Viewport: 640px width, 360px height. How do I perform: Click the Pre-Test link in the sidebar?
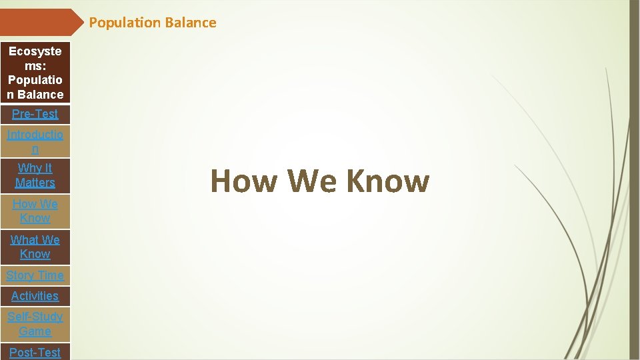coord(35,114)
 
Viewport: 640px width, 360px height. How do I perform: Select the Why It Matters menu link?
coord(35,175)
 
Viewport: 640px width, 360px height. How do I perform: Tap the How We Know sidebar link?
coord(35,211)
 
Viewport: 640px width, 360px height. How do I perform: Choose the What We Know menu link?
coord(35,247)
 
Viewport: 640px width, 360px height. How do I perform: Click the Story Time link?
coord(35,275)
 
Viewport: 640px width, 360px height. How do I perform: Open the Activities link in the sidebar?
coord(35,296)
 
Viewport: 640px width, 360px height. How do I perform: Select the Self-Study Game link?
coord(35,324)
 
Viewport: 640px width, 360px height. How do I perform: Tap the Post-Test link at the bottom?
coord(35,352)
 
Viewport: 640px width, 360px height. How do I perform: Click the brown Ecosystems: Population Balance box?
coord(35,73)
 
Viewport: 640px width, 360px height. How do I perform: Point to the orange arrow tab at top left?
coord(40,22)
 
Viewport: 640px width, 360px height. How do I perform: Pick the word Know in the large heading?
coord(387,181)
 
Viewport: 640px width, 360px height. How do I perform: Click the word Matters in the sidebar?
coord(35,183)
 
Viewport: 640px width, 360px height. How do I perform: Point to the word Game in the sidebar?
coord(35,331)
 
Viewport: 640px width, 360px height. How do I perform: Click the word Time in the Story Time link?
coord(51,275)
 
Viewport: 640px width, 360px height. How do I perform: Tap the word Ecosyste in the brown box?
coord(35,51)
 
